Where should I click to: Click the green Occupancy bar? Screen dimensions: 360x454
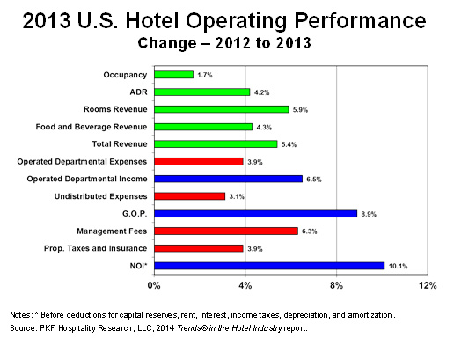[173, 75]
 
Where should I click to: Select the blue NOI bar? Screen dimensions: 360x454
[269, 264]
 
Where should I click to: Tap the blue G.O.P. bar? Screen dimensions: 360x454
[255, 213]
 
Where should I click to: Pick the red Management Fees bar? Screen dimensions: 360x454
[226, 231]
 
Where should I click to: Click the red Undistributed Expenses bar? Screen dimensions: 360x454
[189, 195]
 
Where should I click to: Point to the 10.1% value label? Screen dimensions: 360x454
[398, 265]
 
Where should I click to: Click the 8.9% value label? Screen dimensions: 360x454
[370, 213]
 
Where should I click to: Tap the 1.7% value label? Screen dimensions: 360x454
[206, 75]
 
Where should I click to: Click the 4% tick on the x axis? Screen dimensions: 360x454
[245, 285]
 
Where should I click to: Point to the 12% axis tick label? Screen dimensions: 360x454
[427, 285]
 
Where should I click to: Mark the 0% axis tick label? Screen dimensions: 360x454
[155, 285]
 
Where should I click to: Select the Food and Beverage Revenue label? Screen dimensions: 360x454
[99, 126]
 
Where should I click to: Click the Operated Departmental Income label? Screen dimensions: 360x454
[86, 178]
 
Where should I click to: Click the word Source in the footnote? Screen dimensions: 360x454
[24, 327]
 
